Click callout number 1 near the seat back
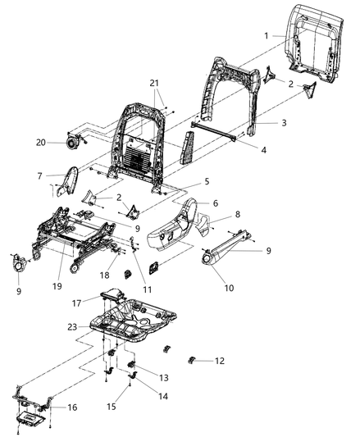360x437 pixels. pos(267,36)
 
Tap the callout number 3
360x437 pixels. pos(261,122)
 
